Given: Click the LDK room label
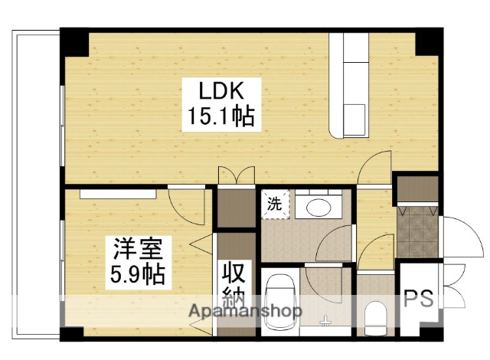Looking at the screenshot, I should click(x=221, y=92).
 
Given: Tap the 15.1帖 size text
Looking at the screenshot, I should click(x=221, y=118).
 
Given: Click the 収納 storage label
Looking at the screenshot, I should click(x=235, y=284).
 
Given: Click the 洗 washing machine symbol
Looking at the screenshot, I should click(x=273, y=205).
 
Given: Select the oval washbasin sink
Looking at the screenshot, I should click(x=318, y=206).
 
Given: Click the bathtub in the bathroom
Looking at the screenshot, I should click(x=280, y=303).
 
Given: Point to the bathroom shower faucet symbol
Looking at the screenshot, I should click(x=326, y=319).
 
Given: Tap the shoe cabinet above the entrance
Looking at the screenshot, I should click(x=417, y=187).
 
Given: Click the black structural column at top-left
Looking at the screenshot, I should click(x=75, y=42).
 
